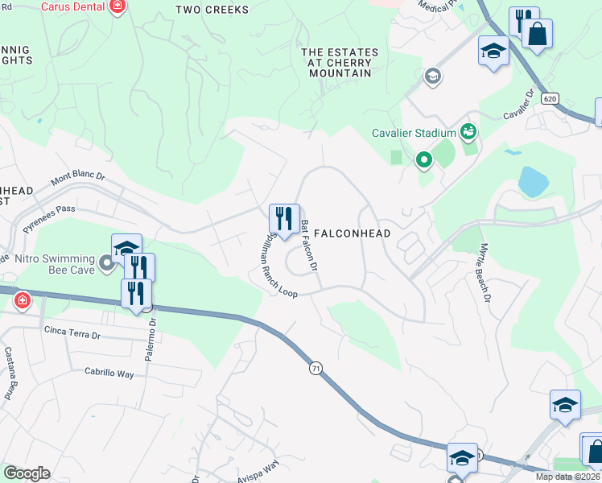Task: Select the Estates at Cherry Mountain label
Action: click(x=339, y=63)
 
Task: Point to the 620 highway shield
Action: click(x=550, y=98)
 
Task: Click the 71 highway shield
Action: click(x=315, y=368)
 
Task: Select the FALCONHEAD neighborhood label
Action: click(x=352, y=233)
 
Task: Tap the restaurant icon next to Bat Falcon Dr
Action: click(x=283, y=217)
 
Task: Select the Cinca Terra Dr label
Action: click(x=72, y=330)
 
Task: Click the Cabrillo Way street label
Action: click(x=109, y=373)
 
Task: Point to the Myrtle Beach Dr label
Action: click(x=484, y=273)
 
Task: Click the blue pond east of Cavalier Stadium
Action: click(x=533, y=182)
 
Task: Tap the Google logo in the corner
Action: click(x=27, y=473)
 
